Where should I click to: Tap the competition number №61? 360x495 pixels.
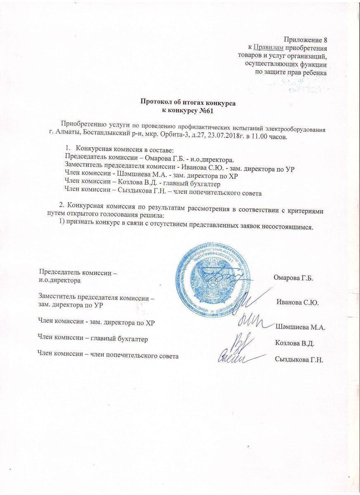pos(204,110)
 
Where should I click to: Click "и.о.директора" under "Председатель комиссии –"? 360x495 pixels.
pos(59,280)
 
